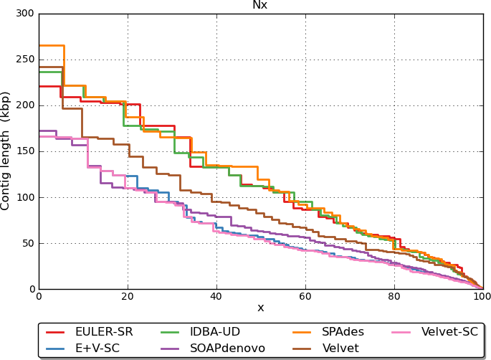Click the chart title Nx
pyautogui.click(x=260, y=5)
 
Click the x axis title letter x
pyautogui.click(x=260, y=308)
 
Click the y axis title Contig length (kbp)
pyautogui.click(x=6, y=151)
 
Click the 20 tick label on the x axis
pyautogui.click(x=128, y=296)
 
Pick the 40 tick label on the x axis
pyautogui.click(x=216, y=296)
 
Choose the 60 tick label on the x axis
pyautogui.click(x=305, y=296)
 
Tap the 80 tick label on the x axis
pyautogui.click(x=394, y=296)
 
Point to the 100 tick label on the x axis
pyautogui.click(x=482, y=296)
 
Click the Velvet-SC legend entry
pyautogui.click(x=449, y=332)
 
